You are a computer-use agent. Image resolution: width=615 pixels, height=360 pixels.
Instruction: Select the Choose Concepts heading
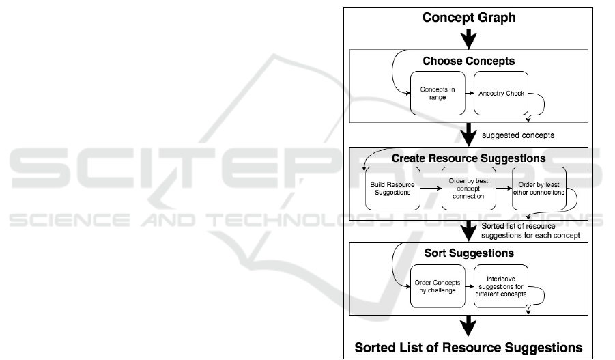468,61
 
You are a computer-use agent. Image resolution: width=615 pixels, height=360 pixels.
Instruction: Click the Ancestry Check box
502,94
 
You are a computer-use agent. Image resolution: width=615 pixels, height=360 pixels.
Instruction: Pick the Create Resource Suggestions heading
468,158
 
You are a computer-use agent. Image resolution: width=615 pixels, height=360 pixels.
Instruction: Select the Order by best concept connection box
467,189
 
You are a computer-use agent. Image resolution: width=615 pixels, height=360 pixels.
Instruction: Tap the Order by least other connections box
539,189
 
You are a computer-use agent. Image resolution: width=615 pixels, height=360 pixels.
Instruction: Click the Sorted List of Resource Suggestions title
468,346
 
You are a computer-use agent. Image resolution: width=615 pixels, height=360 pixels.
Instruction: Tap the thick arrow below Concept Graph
468,38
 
